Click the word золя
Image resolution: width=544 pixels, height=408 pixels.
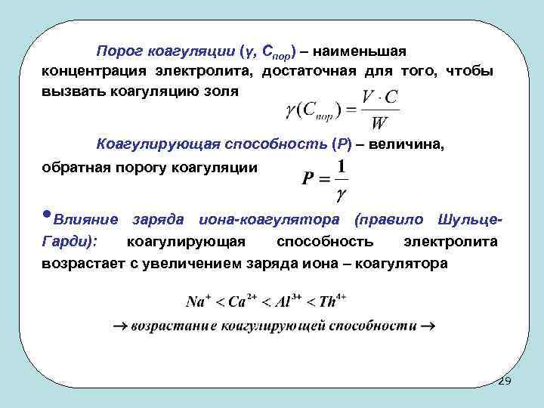221,91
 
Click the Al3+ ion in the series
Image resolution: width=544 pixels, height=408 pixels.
287,301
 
